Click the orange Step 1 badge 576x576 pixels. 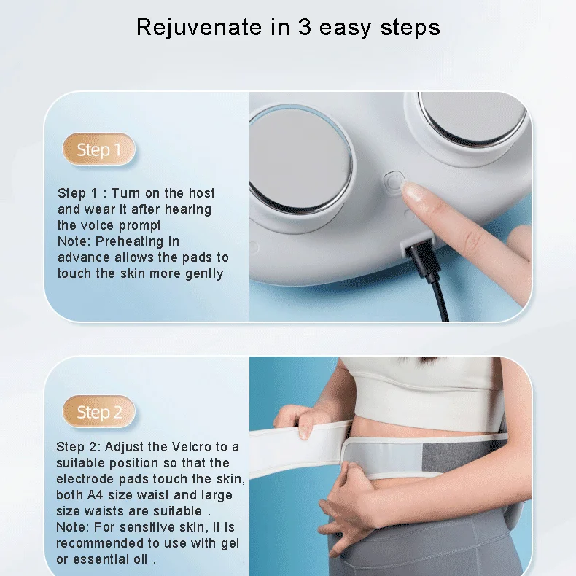pos(98,150)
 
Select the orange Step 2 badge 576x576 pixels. pos(98,413)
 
